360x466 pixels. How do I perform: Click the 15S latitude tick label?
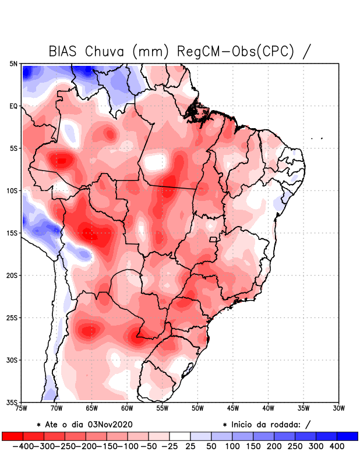click(13, 233)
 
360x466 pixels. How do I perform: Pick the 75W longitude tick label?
click(22, 408)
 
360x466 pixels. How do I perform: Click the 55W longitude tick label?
click(163, 408)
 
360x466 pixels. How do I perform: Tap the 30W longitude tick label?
click(338, 408)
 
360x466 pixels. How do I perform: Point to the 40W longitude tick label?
click(268, 408)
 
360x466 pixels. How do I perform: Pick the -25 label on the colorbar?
click(169, 446)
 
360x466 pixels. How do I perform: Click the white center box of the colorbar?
click(180, 436)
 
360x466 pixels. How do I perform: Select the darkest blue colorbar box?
click(347, 436)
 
